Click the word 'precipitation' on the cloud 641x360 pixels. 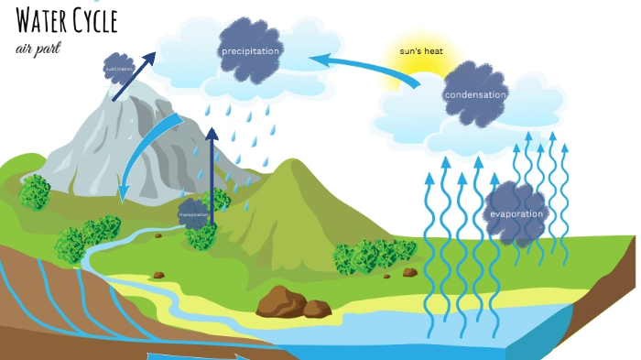click(250, 51)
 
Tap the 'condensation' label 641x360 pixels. click(475, 94)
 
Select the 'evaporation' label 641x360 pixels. click(516, 214)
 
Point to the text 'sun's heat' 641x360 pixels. click(421, 51)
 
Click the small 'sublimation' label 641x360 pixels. click(118, 68)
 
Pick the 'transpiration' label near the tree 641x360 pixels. click(194, 214)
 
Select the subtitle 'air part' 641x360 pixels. click(38, 47)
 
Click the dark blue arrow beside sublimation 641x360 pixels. click(134, 76)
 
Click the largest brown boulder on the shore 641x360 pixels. click(281, 300)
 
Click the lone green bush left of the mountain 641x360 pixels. click(35, 191)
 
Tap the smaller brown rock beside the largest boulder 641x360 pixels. click(317, 309)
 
